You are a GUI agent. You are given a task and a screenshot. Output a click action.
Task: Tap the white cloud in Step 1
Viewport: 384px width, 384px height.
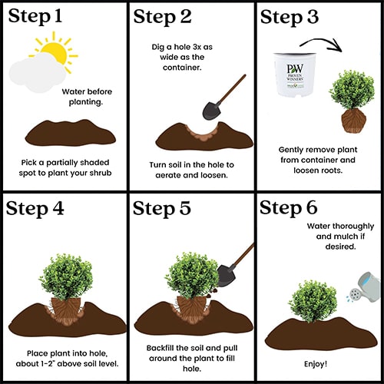click(x=37, y=72)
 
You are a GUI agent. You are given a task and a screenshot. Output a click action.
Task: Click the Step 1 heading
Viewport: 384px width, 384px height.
click(x=35, y=16)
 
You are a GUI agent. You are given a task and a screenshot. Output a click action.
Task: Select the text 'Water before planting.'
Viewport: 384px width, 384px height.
click(x=87, y=97)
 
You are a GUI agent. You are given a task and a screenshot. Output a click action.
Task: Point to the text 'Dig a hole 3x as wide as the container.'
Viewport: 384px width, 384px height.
click(x=182, y=58)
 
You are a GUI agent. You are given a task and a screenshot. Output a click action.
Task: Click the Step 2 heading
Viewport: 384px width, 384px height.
click(x=162, y=17)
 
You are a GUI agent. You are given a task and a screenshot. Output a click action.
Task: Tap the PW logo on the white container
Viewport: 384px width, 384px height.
click(x=295, y=69)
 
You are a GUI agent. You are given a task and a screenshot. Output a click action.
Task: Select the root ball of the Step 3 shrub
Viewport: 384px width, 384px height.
click(x=354, y=121)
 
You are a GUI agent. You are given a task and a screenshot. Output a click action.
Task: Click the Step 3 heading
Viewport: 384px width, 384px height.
click(x=290, y=17)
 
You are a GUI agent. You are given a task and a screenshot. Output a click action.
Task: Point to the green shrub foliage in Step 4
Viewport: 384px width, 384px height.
click(x=66, y=276)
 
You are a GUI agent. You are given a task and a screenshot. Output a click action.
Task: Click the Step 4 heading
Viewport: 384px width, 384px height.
click(x=35, y=208)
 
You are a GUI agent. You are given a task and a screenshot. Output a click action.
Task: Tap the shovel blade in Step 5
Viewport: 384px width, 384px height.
click(x=226, y=276)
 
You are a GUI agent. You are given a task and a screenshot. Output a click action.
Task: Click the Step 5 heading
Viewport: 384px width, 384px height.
click(x=162, y=208)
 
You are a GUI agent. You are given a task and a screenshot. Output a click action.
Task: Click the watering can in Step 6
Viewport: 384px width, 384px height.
click(x=366, y=287)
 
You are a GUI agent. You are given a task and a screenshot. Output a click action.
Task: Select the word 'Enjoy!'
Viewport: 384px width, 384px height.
click(x=316, y=364)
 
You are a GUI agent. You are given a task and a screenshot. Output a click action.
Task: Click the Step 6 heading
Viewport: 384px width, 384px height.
click(x=289, y=207)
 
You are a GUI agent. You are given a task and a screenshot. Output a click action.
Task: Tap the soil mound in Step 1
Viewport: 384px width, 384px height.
click(x=71, y=133)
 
